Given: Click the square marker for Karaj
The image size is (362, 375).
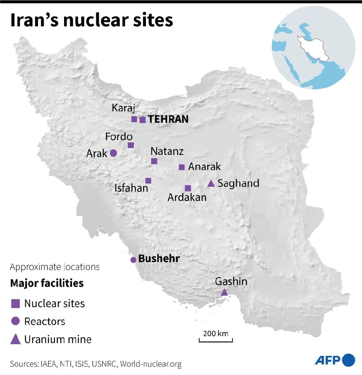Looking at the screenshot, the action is [x=134, y=119].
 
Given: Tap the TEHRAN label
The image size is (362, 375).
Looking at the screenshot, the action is [x=168, y=119].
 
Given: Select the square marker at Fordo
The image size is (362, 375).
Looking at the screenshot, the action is [x=131, y=145].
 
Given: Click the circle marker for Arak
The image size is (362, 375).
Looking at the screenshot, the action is [x=113, y=153].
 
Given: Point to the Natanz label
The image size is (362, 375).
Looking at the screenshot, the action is [x=167, y=151].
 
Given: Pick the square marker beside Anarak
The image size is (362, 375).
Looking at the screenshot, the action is [x=181, y=167].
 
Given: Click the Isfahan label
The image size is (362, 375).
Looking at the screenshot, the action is [x=131, y=188].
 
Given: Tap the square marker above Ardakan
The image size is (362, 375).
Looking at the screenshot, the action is [x=188, y=188].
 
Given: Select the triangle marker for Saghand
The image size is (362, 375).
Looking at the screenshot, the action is [x=211, y=184].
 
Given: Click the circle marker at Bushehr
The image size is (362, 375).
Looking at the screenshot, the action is [x=133, y=260].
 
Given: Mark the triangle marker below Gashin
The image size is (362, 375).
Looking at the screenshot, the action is [x=224, y=292].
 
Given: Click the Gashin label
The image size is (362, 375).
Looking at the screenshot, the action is [x=231, y=282].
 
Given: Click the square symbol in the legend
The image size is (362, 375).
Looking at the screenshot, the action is [x=15, y=304].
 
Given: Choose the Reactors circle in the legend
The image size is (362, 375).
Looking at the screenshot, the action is [x=15, y=321].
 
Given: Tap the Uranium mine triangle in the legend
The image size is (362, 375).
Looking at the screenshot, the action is [x=15, y=339].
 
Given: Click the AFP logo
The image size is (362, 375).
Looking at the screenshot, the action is [x=335, y=360].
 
